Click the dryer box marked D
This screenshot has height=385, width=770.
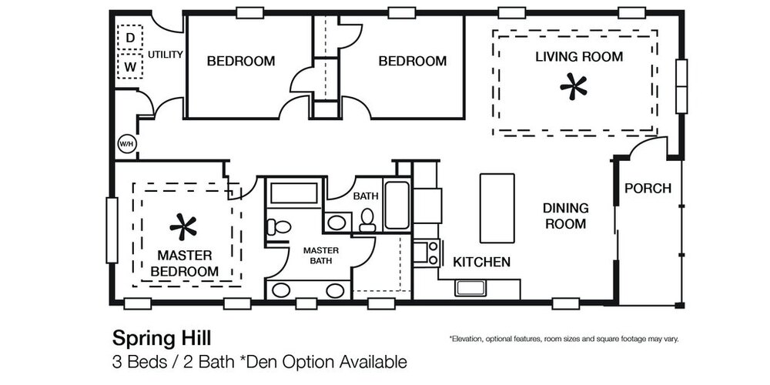[130, 38]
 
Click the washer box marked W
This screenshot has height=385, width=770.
[130, 66]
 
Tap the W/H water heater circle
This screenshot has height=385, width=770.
[127, 145]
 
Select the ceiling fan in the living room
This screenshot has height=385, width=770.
[573, 86]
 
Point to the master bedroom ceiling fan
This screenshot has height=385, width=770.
[183, 227]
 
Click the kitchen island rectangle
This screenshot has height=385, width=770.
[497, 208]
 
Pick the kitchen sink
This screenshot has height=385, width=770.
[470, 288]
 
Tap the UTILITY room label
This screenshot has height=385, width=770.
[166, 55]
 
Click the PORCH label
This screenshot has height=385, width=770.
[648, 188]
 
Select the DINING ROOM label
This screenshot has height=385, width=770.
[566, 216]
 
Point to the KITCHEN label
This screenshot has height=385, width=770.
[481, 263]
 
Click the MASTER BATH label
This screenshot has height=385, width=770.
[320, 256]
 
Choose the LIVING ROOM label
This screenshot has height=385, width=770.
[579, 56]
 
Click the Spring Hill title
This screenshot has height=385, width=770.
[162, 338]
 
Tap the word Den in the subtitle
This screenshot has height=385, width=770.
[262, 363]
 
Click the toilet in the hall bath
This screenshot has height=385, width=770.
[367, 220]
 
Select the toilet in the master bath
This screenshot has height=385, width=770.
[279, 227]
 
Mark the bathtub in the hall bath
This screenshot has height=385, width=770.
[397, 206]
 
